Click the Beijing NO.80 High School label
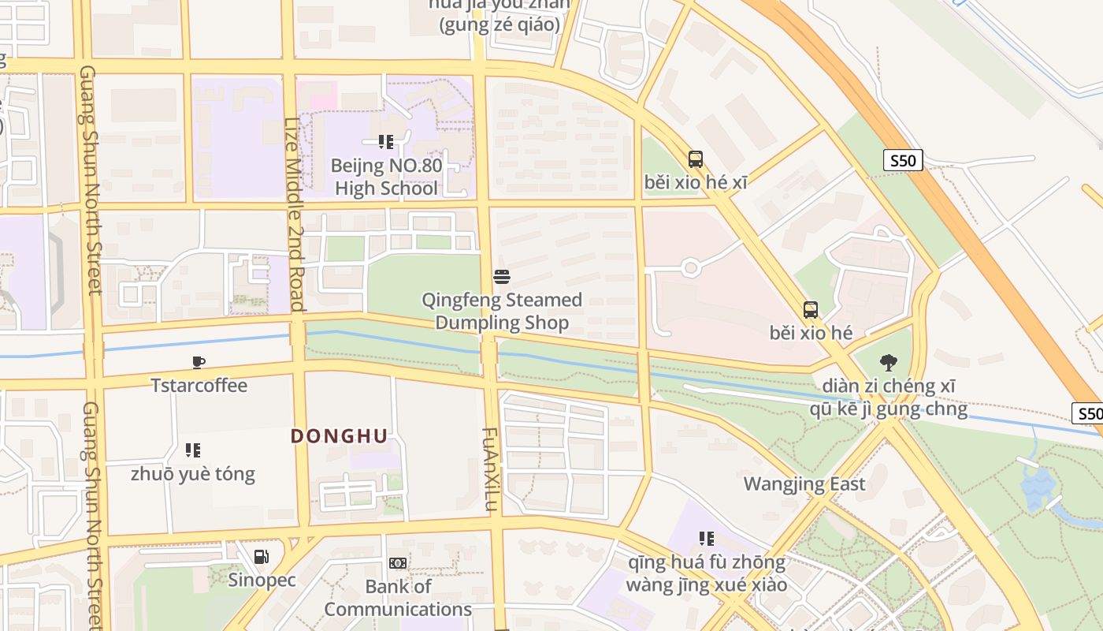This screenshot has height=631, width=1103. (386, 177)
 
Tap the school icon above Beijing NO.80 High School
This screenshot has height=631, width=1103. (386, 142)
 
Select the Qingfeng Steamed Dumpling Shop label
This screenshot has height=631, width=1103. (502, 312)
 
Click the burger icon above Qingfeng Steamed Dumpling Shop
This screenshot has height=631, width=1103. (502, 277)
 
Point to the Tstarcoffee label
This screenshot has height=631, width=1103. (199, 386)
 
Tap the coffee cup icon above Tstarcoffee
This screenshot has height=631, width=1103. (199, 362)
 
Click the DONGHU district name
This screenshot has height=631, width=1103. (339, 436)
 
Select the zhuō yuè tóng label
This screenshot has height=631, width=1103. (193, 474)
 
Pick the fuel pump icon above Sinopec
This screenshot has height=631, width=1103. (261, 557)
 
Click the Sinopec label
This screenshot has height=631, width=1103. (262, 581)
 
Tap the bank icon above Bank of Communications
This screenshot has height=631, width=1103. (398, 563)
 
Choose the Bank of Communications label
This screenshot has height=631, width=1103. (398, 598)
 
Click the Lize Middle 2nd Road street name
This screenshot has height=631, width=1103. (293, 213)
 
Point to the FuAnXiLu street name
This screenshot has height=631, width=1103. (490, 470)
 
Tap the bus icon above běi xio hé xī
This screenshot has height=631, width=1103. (696, 159)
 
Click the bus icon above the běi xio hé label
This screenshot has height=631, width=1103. (811, 310)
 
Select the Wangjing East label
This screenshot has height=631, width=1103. (804, 484)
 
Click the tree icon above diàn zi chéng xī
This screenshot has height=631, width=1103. (889, 363)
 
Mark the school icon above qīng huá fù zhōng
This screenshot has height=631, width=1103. (707, 539)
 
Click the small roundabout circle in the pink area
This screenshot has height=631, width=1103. (691, 268)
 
